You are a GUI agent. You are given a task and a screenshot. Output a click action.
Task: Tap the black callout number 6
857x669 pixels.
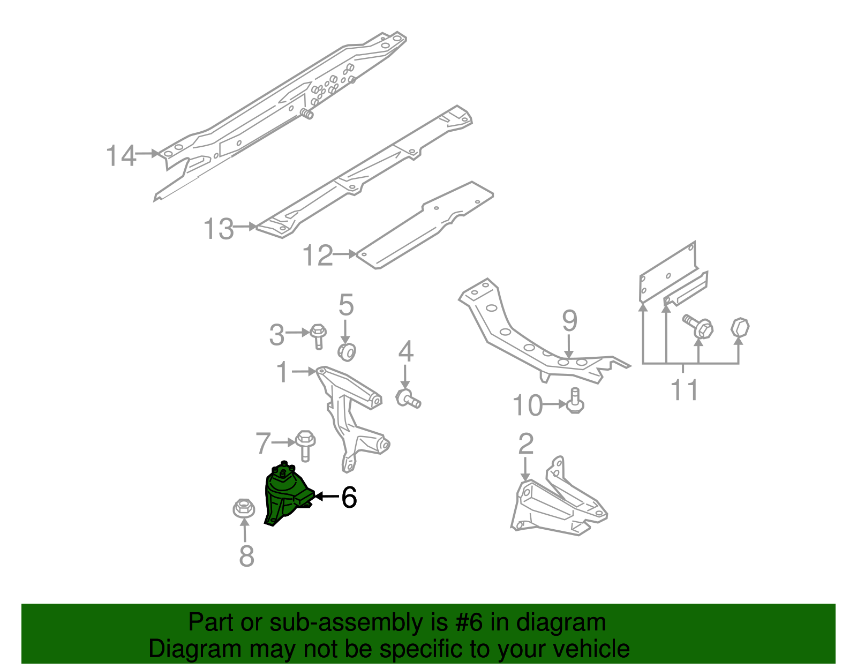click(349, 498)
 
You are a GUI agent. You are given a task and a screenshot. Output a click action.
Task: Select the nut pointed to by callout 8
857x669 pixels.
click(243, 508)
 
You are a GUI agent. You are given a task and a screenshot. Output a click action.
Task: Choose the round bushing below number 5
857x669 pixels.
click(347, 351)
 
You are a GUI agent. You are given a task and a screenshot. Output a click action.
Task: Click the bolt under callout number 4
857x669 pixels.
click(408, 399)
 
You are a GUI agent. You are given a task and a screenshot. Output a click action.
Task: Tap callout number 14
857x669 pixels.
click(121, 156)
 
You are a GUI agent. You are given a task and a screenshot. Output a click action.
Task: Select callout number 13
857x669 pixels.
click(219, 229)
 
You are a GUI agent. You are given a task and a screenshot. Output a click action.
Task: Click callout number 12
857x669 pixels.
click(317, 255)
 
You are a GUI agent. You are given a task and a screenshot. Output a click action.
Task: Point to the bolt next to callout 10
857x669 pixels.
click(575, 402)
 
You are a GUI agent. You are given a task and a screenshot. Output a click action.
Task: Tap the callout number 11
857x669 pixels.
click(685, 389)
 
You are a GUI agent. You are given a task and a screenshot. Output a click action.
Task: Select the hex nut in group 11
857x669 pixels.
click(740, 327)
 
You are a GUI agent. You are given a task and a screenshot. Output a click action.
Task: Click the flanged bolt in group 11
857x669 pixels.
click(698, 326)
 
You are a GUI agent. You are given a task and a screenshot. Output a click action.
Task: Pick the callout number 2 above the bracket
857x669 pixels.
click(526, 444)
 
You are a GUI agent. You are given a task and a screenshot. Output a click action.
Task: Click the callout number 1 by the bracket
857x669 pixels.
click(282, 372)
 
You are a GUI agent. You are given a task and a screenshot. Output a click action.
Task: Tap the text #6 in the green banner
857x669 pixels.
click(469, 623)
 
